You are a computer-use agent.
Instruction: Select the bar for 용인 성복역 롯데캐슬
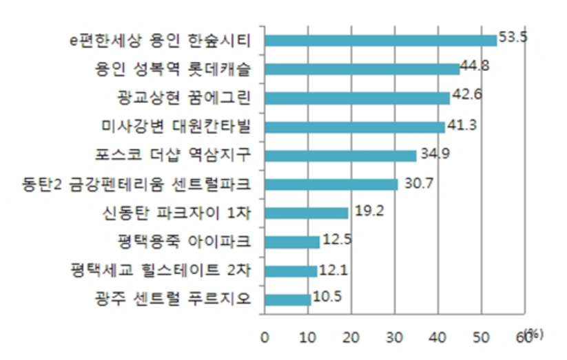tap(362, 69)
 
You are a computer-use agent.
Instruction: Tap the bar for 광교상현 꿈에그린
tap(357, 98)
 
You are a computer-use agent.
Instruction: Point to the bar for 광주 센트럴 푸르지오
tap(287, 299)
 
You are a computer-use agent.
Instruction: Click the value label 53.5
tap(513, 37)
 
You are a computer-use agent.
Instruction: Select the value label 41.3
tap(462, 125)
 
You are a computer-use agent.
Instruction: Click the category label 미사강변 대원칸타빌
tap(174, 127)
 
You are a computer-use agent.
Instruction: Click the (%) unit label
tap(533, 334)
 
